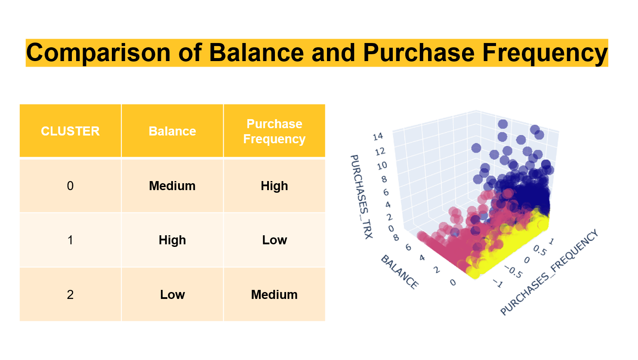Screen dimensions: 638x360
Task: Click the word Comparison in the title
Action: (98, 53)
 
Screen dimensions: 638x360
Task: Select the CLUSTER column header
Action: (71, 131)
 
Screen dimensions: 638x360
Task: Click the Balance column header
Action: (173, 131)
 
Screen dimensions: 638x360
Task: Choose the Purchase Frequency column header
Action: (274, 131)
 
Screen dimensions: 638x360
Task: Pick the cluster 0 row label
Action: (71, 186)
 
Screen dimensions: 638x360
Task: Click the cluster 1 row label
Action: (71, 240)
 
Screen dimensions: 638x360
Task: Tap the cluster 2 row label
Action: (71, 295)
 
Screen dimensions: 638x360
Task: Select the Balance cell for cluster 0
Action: (173, 186)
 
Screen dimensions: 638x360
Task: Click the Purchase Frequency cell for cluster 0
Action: (274, 186)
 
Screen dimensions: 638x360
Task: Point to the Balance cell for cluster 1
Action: (173, 240)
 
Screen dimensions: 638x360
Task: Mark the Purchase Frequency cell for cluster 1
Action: (274, 240)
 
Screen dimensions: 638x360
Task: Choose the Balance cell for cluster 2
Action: (173, 295)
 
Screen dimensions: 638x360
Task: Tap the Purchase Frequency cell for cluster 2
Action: (274, 295)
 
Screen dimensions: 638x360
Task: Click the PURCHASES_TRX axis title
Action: (361, 197)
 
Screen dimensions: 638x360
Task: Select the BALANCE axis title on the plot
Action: (400, 272)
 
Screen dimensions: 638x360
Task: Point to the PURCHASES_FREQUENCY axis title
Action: (549, 272)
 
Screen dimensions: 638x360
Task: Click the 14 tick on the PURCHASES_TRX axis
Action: (378, 137)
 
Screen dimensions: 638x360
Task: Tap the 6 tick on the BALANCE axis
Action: (408, 247)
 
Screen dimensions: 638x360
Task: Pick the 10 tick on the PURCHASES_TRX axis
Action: (382, 166)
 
